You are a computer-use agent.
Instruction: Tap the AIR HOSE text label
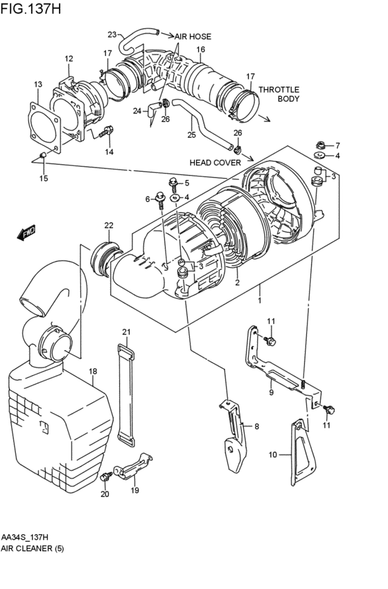(x=193, y=37)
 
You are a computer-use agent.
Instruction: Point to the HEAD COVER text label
(x=215, y=163)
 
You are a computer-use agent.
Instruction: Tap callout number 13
(x=37, y=84)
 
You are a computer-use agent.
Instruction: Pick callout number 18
(x=93, y=372)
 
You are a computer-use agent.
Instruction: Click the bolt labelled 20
(x=107, y=478)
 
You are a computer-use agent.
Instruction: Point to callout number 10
(x=272, y=455)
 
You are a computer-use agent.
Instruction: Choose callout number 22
(x=109, y=225)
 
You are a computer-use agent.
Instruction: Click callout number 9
(x=272, y=392)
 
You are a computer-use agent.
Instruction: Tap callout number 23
(x=112, y=35)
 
